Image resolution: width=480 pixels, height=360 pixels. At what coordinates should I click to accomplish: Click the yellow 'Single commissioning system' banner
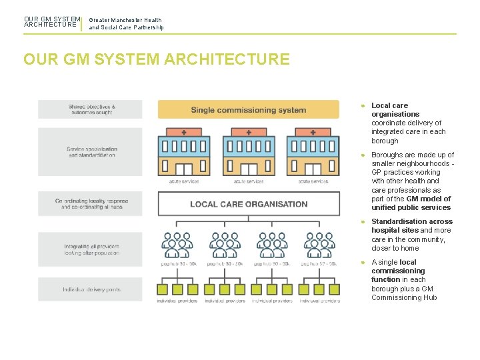tap(249, 110)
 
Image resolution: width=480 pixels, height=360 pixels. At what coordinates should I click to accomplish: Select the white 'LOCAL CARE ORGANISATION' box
tap(249, 204)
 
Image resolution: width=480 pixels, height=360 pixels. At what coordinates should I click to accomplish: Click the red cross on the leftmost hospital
tap(184, 133)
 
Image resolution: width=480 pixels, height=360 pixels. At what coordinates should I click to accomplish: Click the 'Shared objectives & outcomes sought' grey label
tap(91, 109)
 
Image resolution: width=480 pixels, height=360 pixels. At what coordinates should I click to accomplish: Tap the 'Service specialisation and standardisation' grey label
tap(91, 152)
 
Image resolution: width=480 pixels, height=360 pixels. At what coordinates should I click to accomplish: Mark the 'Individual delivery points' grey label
tap(91, 289)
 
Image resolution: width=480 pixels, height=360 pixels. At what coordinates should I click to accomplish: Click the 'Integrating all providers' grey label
tap(91, 249)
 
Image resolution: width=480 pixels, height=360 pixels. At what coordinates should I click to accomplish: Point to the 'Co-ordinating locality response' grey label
tap(91, 203)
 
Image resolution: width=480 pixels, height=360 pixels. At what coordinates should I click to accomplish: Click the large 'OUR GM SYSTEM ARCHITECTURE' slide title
tap(157, 59)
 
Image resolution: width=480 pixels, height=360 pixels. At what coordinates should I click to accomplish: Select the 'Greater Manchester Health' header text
tap(125, 20)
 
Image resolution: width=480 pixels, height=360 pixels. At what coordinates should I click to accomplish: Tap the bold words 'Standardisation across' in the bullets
tap(411, 221)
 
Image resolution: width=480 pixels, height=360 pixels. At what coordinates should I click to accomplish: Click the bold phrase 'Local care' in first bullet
tap(389, 105)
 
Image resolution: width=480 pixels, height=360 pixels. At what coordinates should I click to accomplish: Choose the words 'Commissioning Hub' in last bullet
tap(404, 297)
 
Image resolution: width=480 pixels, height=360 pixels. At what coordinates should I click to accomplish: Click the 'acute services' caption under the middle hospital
tap(248, 181)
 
